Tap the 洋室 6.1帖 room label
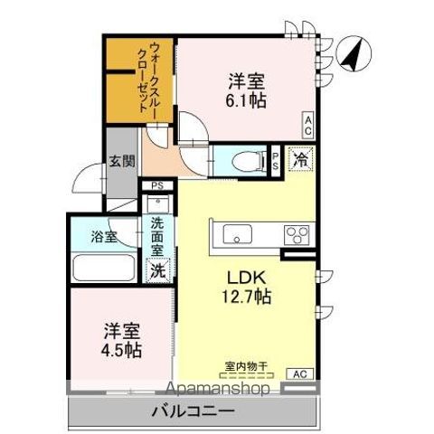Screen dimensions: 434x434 245,90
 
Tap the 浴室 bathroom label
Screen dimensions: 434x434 104,238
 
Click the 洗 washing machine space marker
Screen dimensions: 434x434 158,269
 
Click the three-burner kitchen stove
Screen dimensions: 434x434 297,235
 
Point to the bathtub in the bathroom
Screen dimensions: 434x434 102,269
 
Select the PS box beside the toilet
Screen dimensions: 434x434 276,160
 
